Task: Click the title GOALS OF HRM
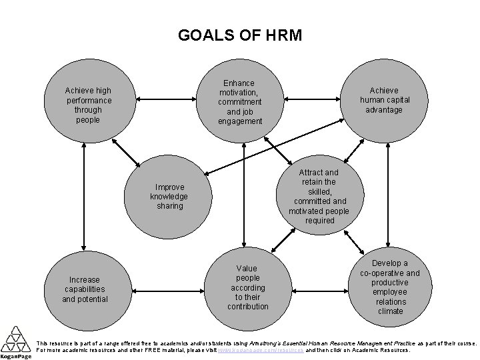(240, 35)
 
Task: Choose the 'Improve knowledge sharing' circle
(169, 196)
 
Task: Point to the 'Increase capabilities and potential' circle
(85, 289)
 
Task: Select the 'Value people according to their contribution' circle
(248, 287)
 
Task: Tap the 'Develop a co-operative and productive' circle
(390, 287)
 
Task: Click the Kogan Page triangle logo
(15, 340)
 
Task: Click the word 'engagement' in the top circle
(240, 121)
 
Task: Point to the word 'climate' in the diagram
(390, 311)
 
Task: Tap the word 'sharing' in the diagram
(169, 206)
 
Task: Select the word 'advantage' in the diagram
(384, 109)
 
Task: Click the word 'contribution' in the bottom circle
(248, 307)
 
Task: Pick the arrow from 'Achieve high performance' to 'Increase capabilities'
(83, 200)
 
